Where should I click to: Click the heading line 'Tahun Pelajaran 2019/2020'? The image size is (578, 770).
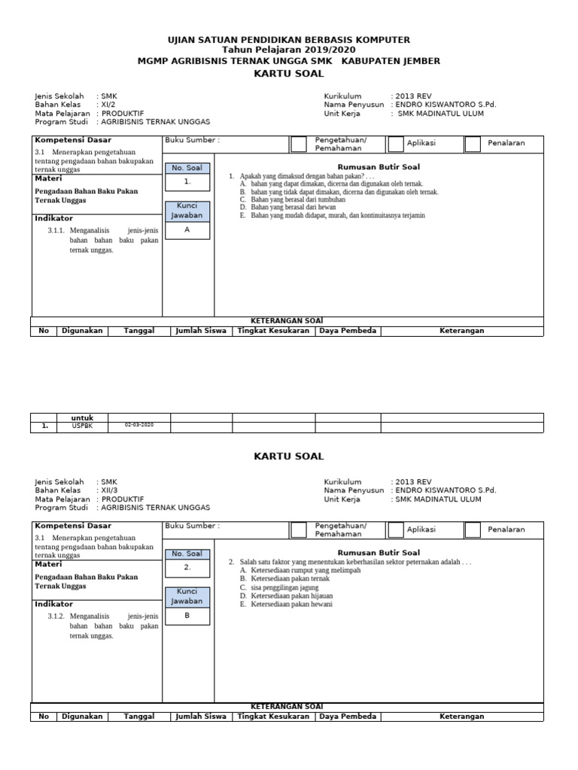tap(288, 50)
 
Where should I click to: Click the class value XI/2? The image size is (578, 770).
tap(110, 105)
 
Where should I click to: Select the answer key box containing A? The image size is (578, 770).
tap(187, 230)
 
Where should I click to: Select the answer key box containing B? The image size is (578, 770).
tap(187, 615)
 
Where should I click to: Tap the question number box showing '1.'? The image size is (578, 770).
tap(187, 182)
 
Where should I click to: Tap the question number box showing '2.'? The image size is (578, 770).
tap(187, 567)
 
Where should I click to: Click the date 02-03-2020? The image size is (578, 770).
tap(138, 426)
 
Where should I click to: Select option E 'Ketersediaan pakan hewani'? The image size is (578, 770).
tap(291, 604)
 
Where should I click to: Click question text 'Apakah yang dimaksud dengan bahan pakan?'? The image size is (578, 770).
tap(305, 176)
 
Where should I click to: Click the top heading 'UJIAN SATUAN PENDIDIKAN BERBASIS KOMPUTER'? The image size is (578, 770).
tap(288, 39)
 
